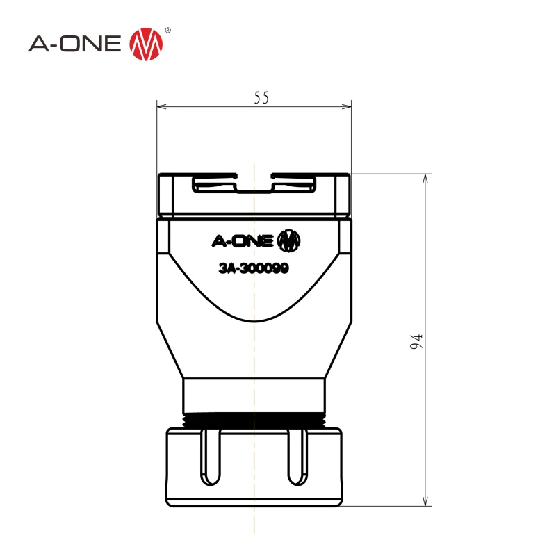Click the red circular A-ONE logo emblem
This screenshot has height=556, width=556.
(x=146, y=44)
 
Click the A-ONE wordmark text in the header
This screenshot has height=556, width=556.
(x=75, y=44)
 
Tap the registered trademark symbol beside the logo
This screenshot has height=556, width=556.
(x=167, y=31)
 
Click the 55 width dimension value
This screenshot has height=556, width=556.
(x=262, y=97)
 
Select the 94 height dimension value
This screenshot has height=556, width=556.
(x=416, y=341)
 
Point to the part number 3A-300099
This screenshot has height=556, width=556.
(x=254, y=268)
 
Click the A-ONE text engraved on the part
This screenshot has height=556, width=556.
(x=243, y=241)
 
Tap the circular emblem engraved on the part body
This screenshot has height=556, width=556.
(x=288, y=241)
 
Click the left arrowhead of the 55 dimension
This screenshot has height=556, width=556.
(x=162, y=106)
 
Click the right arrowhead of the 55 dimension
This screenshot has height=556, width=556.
(x=346, y=106)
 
